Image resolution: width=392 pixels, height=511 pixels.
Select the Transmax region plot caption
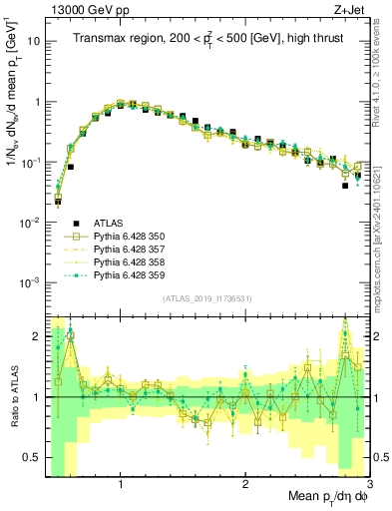pos(206,38)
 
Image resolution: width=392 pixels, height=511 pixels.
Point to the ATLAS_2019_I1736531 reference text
pos(206,299)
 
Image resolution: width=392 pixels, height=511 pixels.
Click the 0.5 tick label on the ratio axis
pos(32,457)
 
